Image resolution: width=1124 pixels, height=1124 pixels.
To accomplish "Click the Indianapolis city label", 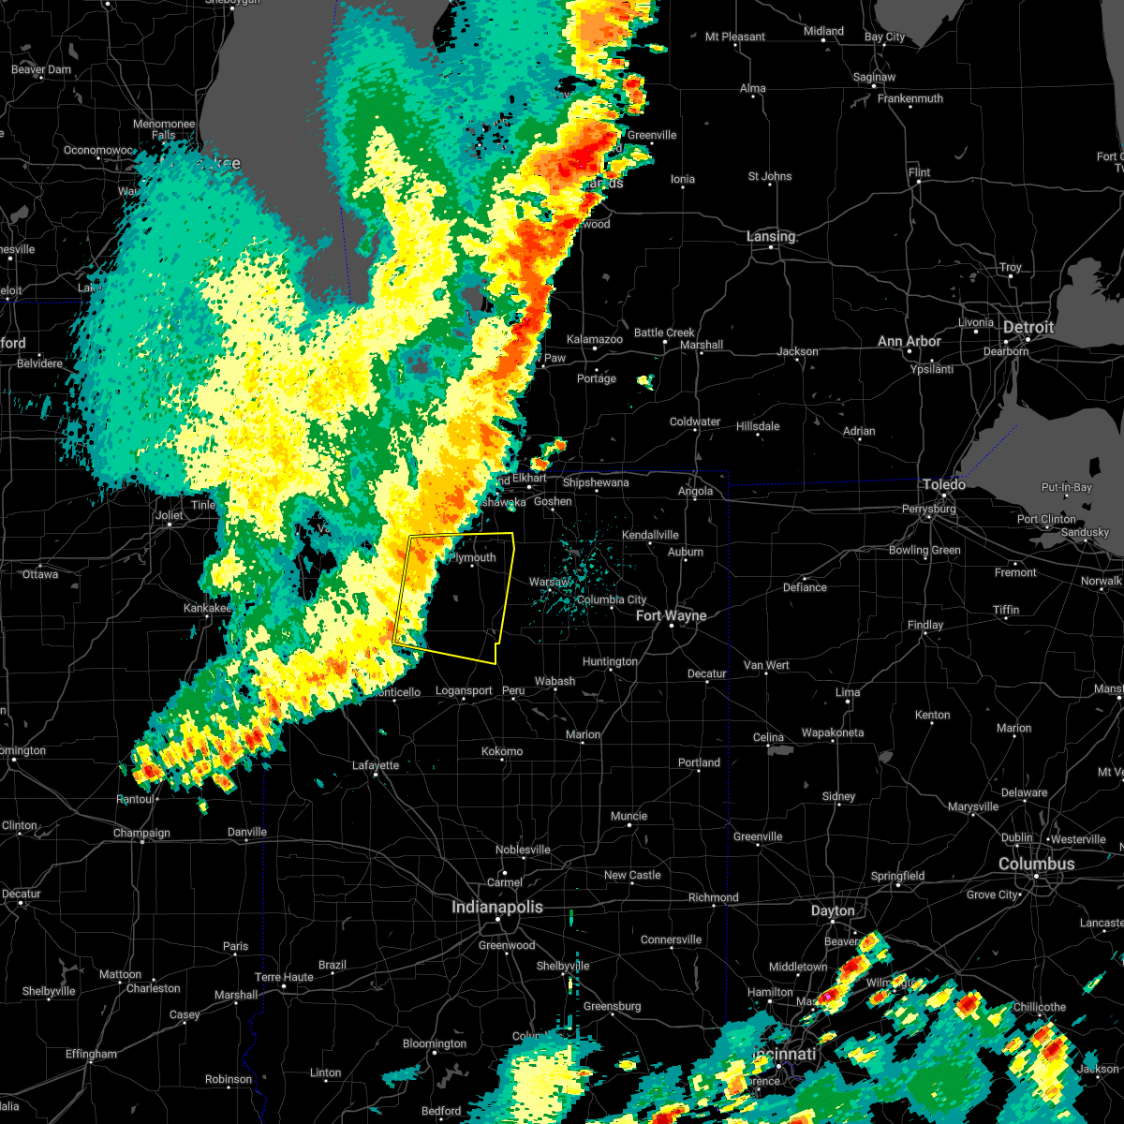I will [496, 907].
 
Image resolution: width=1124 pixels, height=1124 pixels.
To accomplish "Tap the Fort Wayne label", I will [671, 615].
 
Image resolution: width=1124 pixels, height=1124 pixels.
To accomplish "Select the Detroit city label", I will [1028, 328].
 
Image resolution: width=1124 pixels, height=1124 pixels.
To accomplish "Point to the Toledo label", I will [944, 484].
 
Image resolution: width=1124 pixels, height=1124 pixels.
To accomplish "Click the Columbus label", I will [1036, 864].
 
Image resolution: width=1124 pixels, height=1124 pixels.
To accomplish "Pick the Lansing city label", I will [771, 237].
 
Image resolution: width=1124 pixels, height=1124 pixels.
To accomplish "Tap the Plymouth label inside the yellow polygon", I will [473, 557].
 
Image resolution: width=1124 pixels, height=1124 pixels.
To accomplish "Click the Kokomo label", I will [502, 751].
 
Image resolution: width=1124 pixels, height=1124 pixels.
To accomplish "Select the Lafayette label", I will [376, 765].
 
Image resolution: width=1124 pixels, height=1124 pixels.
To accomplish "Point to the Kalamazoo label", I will [595, 339].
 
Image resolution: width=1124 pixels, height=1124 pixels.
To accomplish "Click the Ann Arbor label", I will [909, 342].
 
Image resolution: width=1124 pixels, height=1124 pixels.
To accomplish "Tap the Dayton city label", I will [833, 910].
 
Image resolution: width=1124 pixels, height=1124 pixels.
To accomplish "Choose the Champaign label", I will [141, 833].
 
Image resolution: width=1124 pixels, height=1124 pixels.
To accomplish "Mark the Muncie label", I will [629, 816].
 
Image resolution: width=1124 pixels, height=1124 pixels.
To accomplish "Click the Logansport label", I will [464, 691].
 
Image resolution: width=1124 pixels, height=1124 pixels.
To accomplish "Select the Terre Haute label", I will [285, 977].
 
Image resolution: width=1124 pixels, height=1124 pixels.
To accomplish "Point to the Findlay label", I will [925, 625].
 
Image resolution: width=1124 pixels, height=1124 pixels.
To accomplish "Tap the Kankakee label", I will [207, 608].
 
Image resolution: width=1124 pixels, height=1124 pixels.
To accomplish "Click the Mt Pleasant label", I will [734, 37].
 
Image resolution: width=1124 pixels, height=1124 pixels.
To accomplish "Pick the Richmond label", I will [713, 897].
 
